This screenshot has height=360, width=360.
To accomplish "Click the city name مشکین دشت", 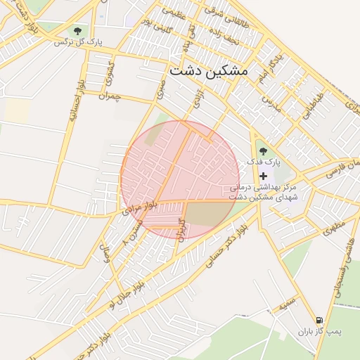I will point(209,72).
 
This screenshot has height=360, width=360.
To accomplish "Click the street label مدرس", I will point(271,99).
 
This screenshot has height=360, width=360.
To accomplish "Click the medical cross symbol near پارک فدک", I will point(263,176).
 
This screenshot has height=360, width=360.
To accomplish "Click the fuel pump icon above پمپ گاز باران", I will point(321,319).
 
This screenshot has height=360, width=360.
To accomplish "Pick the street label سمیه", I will point(285,307).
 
